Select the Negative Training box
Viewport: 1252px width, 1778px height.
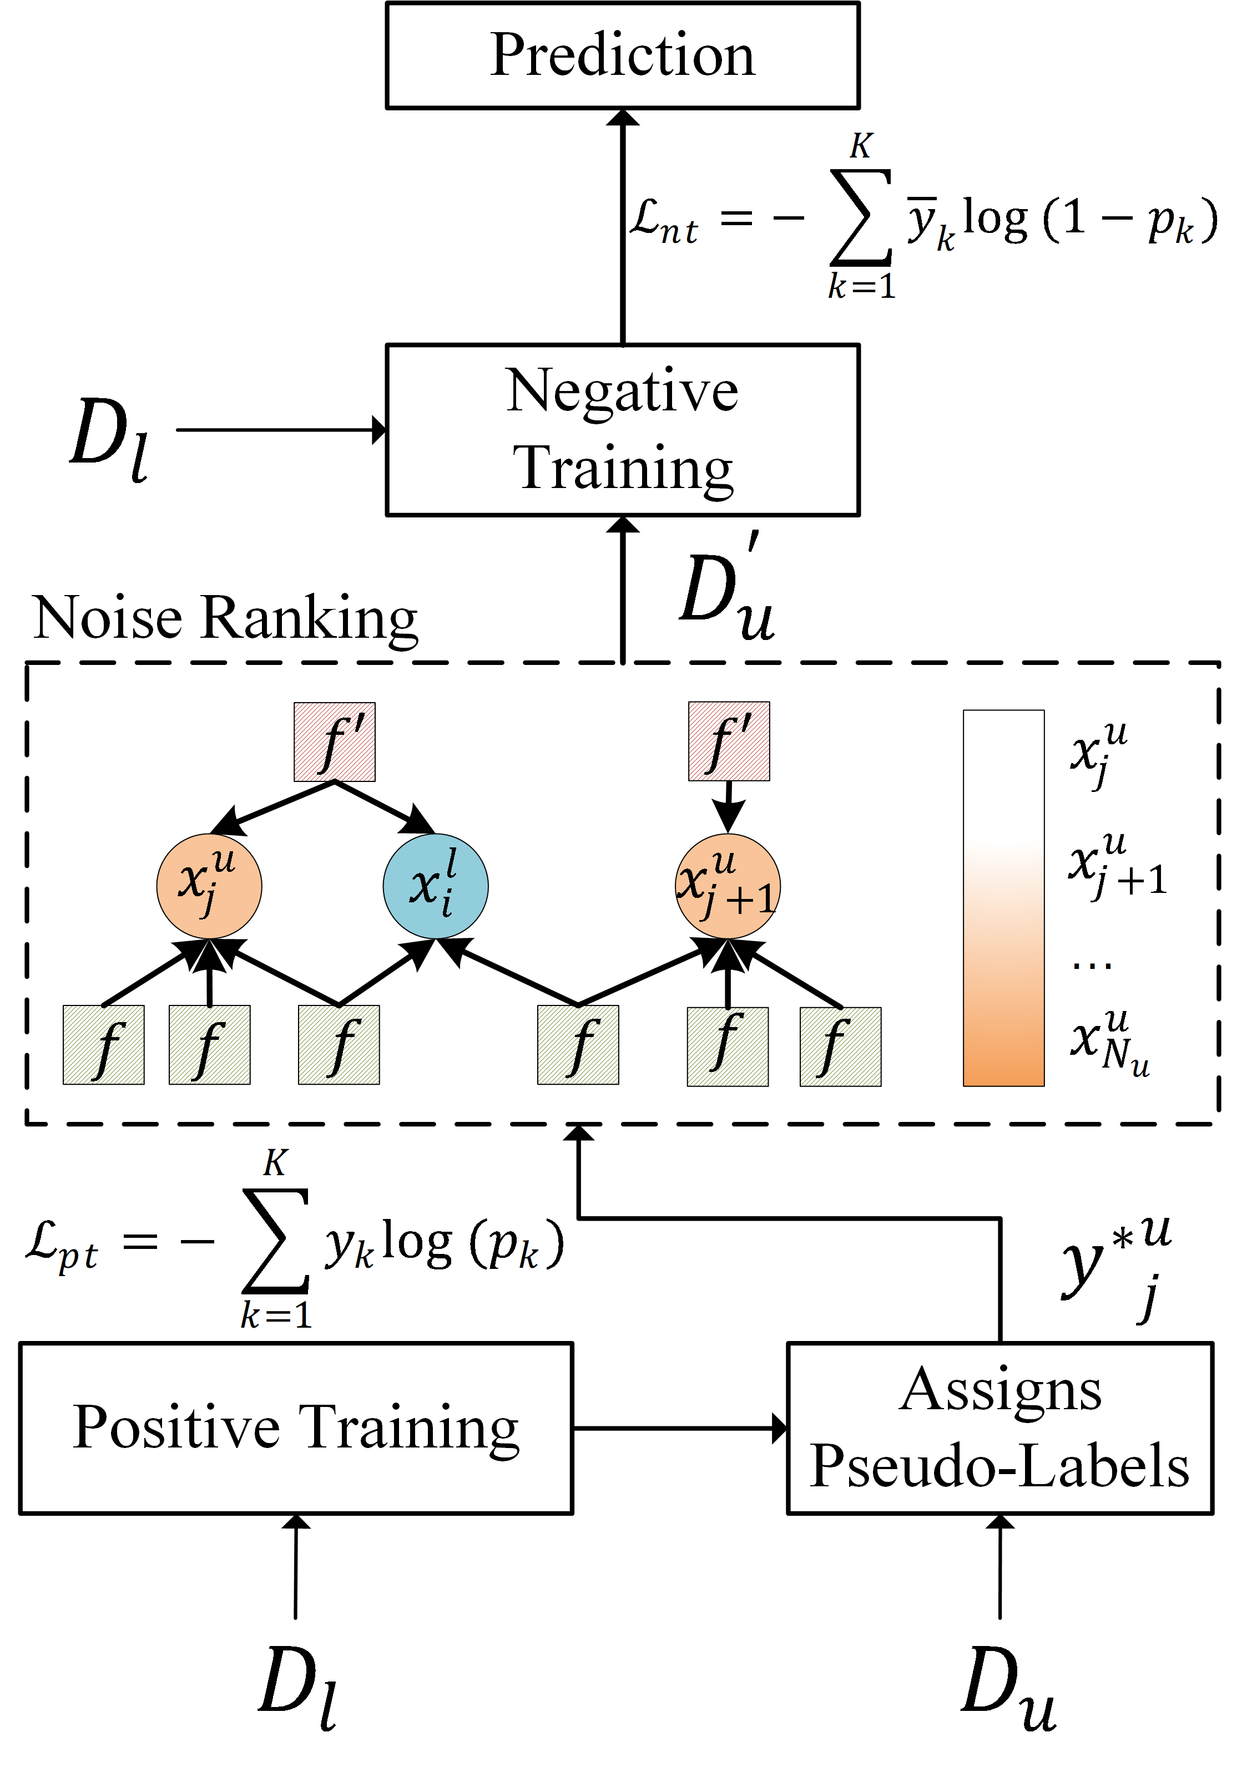(x=622, y=430)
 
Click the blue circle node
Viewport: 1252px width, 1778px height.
(x=436, y=886)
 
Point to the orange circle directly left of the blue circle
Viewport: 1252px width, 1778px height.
(x=209, y=886)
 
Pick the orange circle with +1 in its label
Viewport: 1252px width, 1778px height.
(x=728, y=886)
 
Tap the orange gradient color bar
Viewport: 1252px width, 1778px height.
(x=1003, y=898)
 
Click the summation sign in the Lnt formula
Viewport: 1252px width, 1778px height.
(x=861, y=217)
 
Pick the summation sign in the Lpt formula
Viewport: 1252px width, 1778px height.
(x=276, y=1241)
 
